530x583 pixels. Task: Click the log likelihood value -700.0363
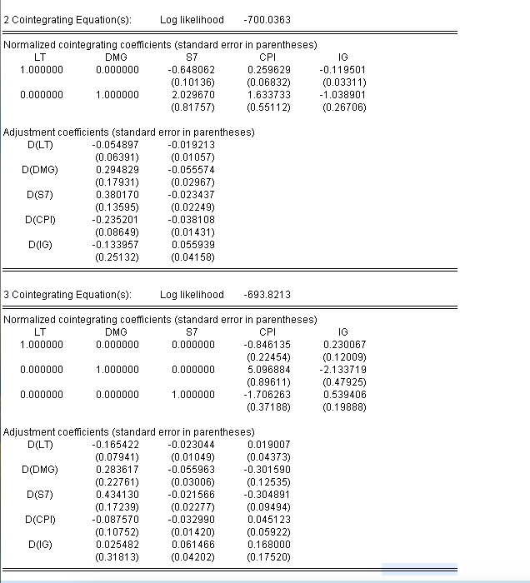(x=267, y=19)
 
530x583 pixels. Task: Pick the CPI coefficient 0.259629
(x=268, y=69)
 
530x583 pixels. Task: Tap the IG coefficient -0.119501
(x=342, y=69)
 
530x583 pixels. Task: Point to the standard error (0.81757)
(x=192, y=107)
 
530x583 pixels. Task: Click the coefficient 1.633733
(x=268, y=95)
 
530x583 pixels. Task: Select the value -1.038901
(x=342, y=95)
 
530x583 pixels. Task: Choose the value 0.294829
(x=117, y=169)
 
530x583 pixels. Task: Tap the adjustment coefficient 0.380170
(x=117, y=195)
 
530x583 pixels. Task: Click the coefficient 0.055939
(x=192, y=245)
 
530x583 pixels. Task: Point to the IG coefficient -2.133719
(x=342, y=369)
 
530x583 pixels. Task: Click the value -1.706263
(x=267, y=395)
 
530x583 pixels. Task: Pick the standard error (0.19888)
(x=344, y=407)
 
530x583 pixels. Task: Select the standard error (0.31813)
(x=117, y=557)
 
